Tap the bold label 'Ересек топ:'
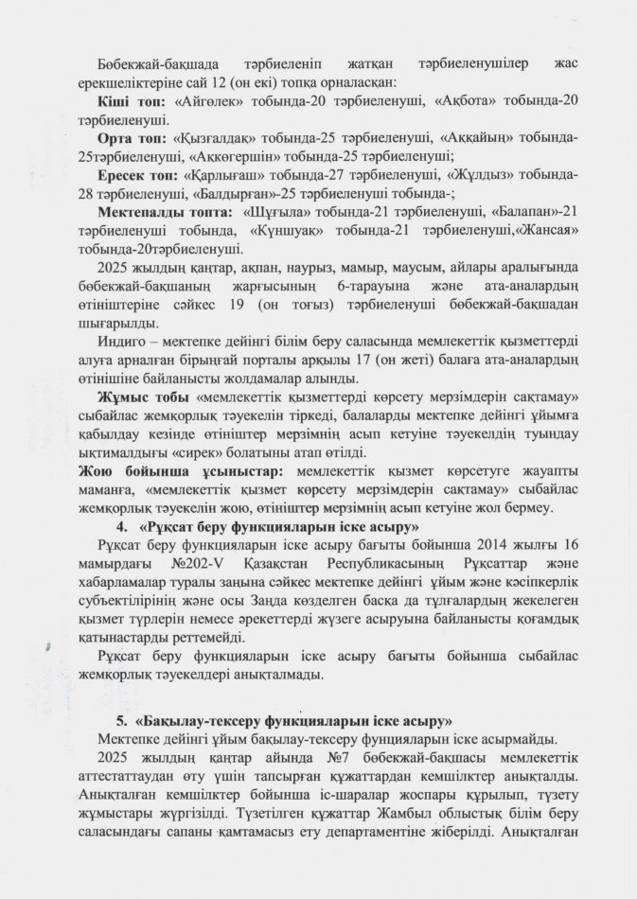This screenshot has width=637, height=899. pyautogui.click(x=139, y=176)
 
